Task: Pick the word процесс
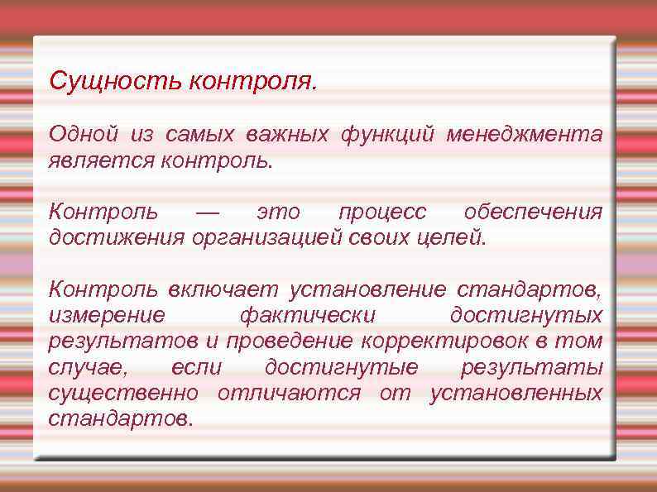[382, 213]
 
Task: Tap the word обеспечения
[533, 213]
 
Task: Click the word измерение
[106, 315]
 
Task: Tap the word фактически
[306, 315]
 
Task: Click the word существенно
[123, 392]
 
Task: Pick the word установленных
[516, 392]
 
